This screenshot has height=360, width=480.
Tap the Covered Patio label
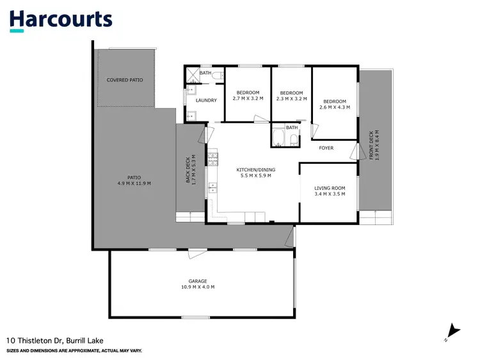point(125,80)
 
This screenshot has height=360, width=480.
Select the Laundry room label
point(206,100)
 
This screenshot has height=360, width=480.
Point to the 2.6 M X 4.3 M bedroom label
point(334,105)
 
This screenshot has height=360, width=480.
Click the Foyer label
point(326,148)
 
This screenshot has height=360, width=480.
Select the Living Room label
point(330,191)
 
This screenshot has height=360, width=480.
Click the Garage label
point(198,284)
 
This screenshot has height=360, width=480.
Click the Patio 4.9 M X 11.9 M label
point(134,180)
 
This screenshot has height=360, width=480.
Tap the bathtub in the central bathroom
point(278,137)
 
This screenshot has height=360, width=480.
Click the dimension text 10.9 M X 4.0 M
point(198,288)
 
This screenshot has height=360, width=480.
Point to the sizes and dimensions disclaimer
point(74,351)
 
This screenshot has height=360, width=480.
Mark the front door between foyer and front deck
point(355,151)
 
